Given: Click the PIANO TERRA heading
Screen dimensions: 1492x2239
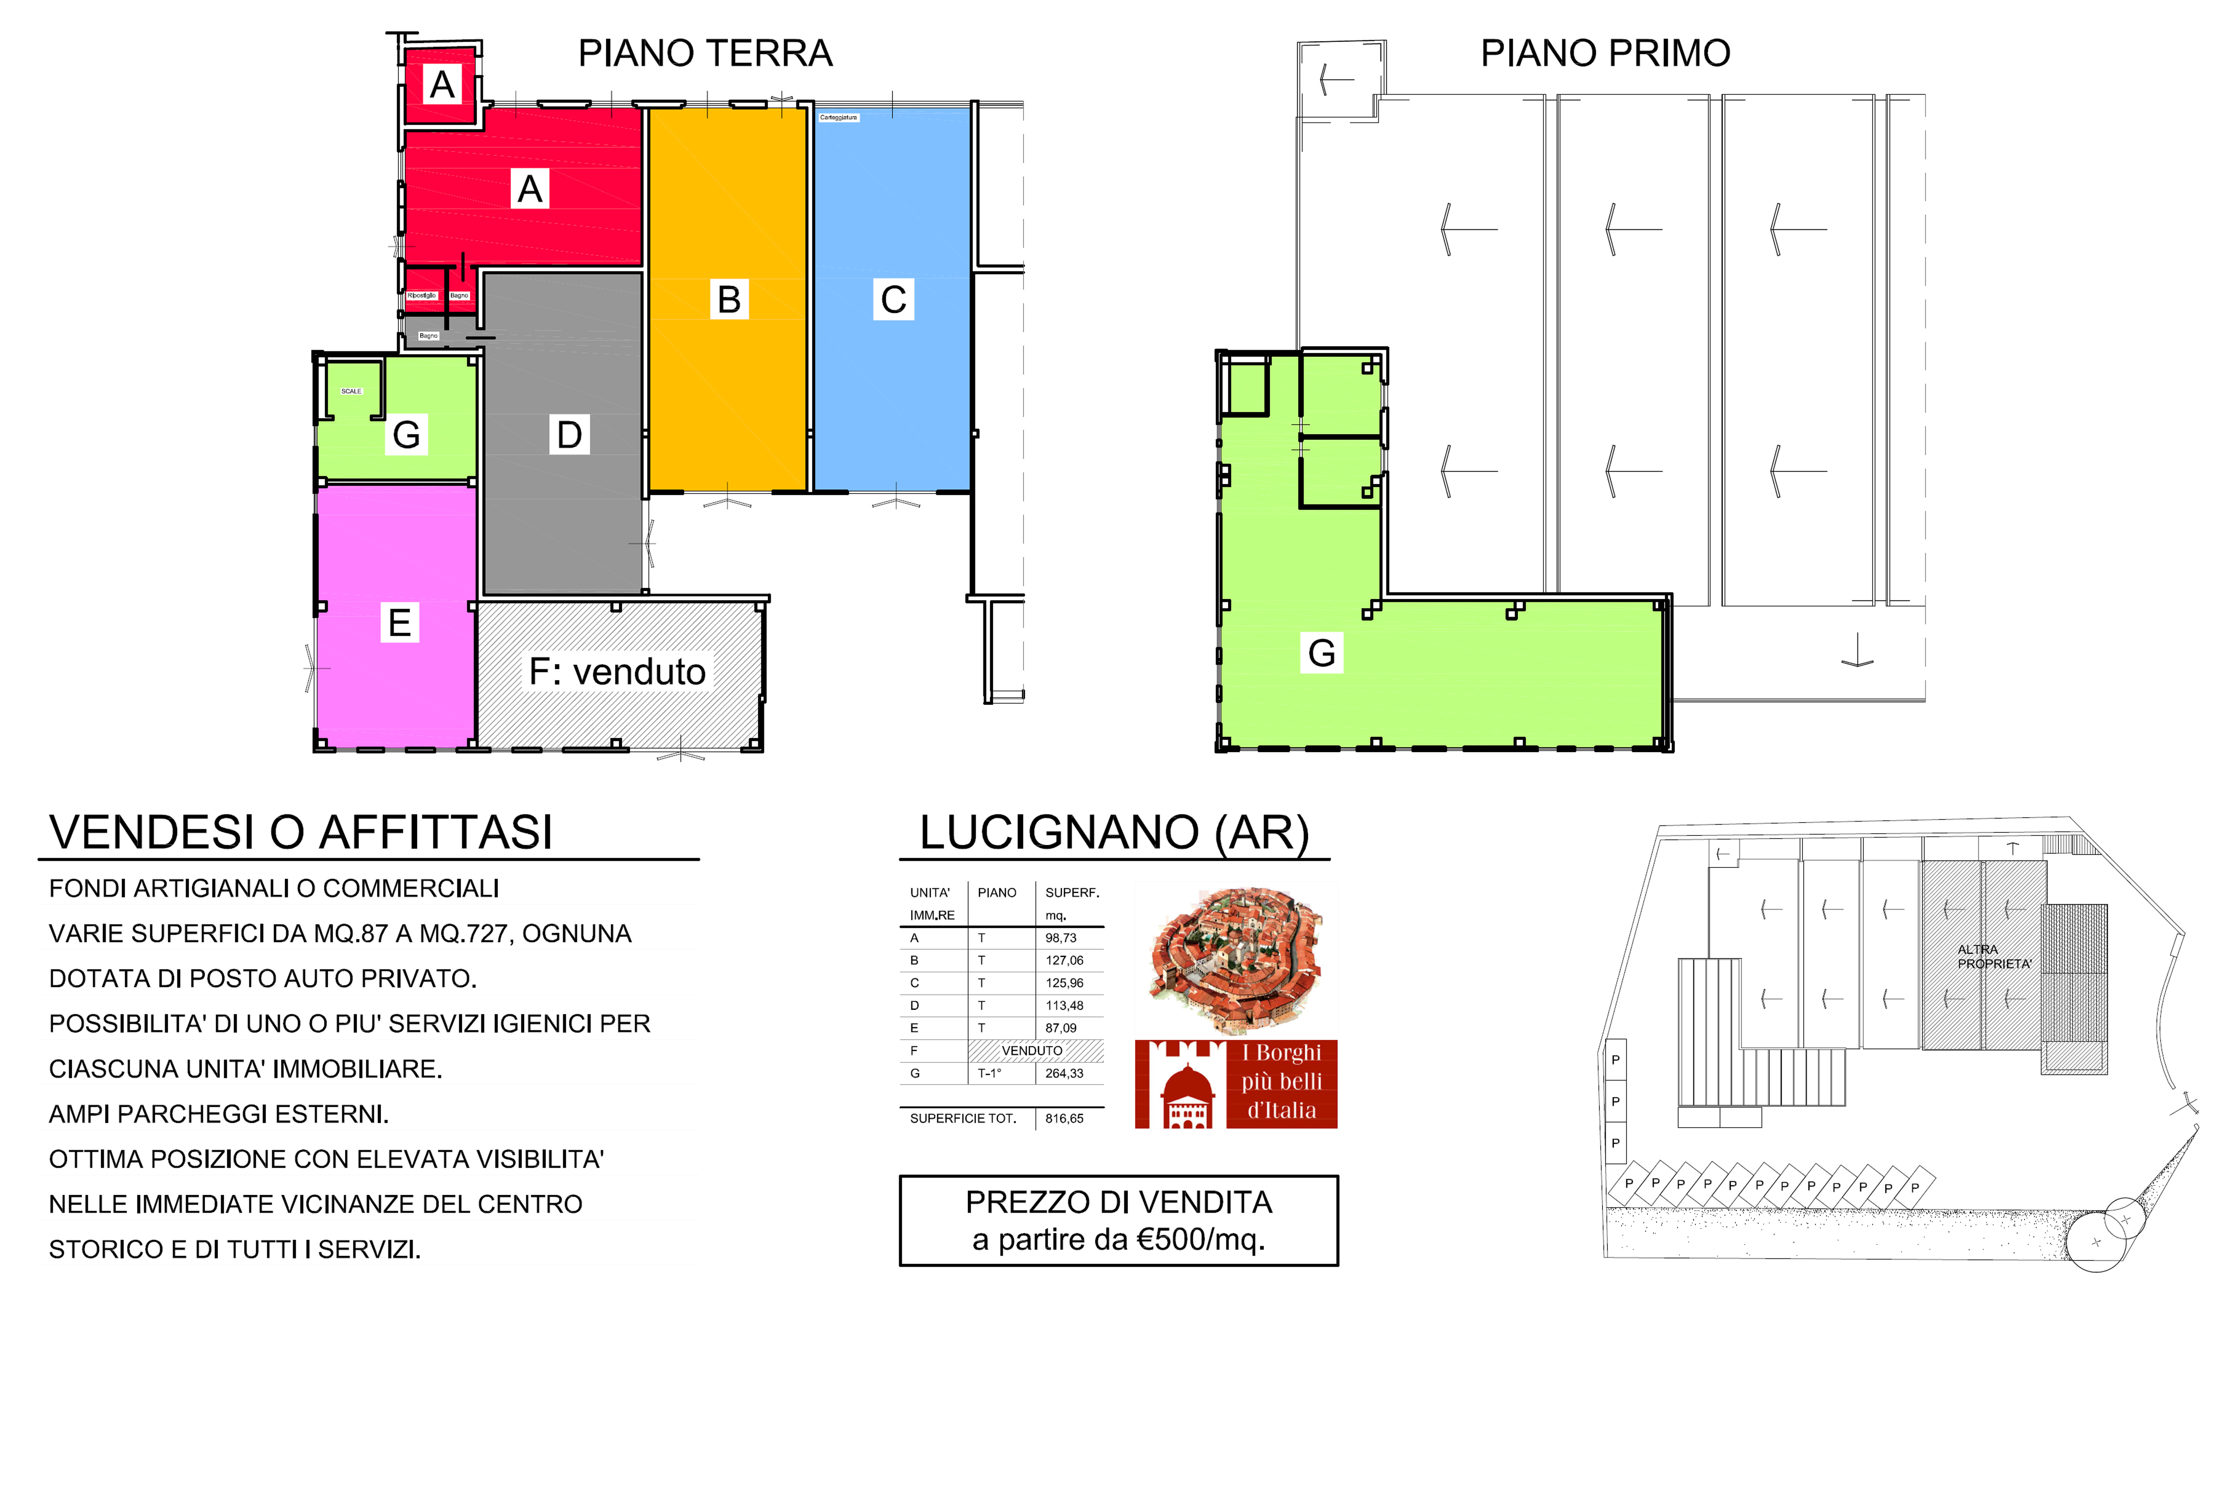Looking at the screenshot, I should tap(705, 53).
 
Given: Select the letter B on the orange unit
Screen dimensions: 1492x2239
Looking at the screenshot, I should tap(729, 300).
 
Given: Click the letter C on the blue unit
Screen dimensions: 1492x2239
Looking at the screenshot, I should tap(893, 300).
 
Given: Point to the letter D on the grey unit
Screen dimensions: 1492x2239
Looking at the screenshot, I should tap(569, 435).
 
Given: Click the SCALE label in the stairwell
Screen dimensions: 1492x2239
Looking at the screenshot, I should tap(351, 391).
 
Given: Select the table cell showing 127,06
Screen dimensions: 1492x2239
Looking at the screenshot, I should tap(1064, 960).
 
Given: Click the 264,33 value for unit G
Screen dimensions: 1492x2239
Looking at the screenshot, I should tap(1064, 1073).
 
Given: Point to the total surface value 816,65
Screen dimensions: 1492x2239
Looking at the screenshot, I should tap(1064, 1118).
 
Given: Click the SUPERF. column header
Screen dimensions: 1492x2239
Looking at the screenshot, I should tap(1071, 893).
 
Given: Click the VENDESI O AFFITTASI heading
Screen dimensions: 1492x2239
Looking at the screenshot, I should tap(301, 833).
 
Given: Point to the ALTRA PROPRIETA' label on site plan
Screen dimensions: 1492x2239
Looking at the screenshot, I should tap(1994, 956).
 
